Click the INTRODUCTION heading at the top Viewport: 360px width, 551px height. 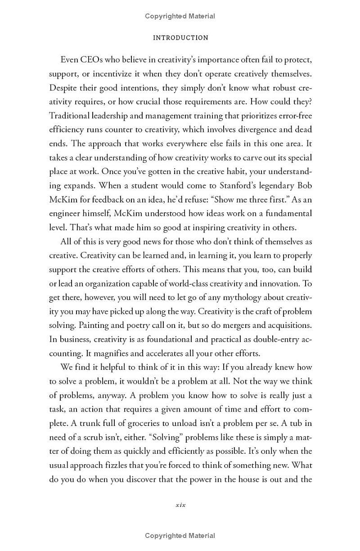click(x=180, y=38)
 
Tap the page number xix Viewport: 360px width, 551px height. click(x=180, y=505)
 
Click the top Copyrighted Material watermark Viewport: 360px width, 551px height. click(x=180, y=16)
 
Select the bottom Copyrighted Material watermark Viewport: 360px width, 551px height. click(x=180, y=535)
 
